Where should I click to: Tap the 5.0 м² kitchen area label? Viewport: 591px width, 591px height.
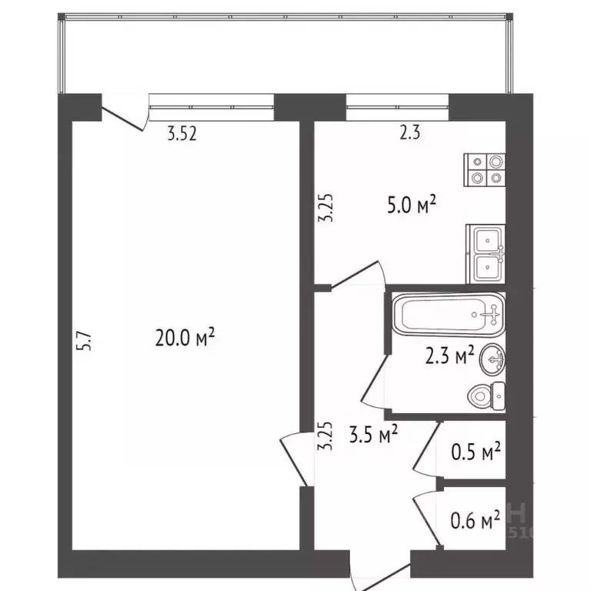[x=412, y=205]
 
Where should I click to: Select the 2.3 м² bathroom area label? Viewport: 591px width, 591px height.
[x=450, y=356]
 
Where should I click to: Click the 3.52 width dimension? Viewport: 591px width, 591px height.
[x=183, y=134]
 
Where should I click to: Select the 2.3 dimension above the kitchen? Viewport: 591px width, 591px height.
[x=409, y=133]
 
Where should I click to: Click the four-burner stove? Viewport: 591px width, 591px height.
[x=485, y=169]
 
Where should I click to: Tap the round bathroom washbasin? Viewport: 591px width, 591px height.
[x=492, y=358]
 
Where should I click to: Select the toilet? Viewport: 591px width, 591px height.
[x=487, y=395]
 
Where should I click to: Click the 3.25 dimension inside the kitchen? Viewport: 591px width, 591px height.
[x=327, y=207]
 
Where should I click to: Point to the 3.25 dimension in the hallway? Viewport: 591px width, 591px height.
[x=327, y=436]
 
